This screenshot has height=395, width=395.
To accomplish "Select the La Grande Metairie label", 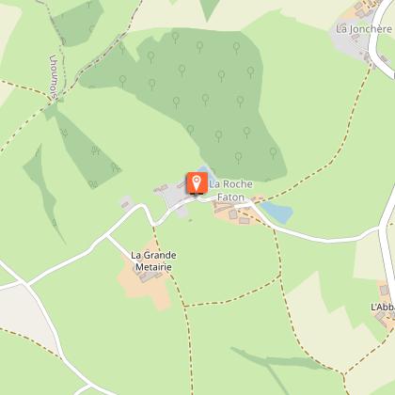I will click(x=155, y=260).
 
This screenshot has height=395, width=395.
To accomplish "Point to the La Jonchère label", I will click(x=363, y=29).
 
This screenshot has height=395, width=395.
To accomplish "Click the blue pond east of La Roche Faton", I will click(x=276, y=213).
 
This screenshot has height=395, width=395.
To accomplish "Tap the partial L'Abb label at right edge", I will click(x=382, y=308).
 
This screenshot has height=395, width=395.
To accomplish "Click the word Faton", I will click(x=227, y=197).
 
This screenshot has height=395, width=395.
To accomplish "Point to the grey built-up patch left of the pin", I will click(x=175, y=198).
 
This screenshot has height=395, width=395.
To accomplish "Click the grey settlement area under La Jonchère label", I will click(x=356, y=46).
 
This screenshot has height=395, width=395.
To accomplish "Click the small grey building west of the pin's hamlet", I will click(x=126, y=203).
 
